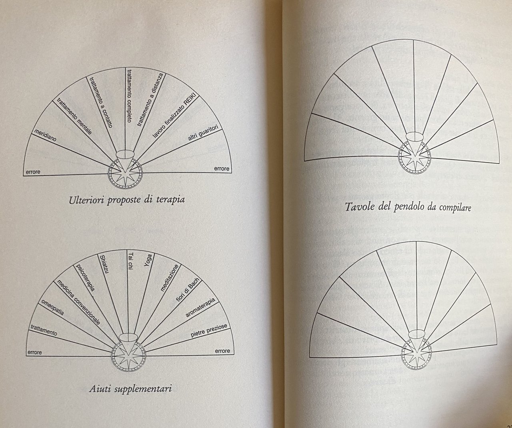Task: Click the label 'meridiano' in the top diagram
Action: [45, 135]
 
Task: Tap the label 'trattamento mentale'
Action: [74, 116]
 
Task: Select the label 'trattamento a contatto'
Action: [101, 102]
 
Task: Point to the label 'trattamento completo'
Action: [130, 96]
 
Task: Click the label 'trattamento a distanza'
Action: [150, 99]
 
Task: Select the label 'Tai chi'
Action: [131, 261]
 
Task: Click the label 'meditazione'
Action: [170, 278]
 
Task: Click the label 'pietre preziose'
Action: [209, 330]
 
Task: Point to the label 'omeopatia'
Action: [53, 307]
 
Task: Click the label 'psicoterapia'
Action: [85, 277]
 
